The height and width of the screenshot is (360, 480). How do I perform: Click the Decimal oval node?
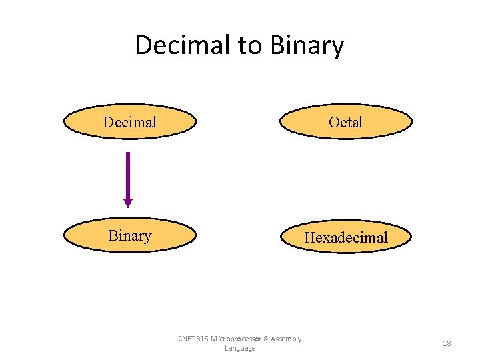(x=130, y=121)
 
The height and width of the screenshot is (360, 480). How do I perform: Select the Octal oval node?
(x=346, y=121)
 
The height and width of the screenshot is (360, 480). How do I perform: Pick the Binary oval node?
(x=130, y=236)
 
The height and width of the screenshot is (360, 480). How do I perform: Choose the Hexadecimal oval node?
(x=346, y=237)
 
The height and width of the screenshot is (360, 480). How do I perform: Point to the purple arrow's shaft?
(x=128, y=173)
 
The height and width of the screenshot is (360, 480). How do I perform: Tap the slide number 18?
(x=447, y=343)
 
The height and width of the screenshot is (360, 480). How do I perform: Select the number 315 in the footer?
(x=203, y=339)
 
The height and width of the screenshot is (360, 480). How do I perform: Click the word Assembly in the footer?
(x=287, y=339)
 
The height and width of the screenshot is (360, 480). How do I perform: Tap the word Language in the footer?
(x=240, y=349)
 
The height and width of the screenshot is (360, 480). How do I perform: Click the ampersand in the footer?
(x=266, y=339)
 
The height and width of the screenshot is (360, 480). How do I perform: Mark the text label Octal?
(x=346, y=122)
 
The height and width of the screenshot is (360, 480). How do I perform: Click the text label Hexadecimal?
(x=346, y=237)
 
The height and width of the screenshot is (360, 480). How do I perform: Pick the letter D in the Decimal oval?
(x=107, y=122)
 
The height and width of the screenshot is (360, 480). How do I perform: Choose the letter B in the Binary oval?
(x=112, y=236)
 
